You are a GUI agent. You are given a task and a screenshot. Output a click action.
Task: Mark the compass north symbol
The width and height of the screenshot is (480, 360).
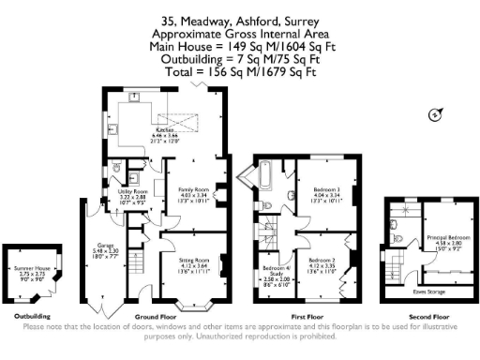click(433, 115)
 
